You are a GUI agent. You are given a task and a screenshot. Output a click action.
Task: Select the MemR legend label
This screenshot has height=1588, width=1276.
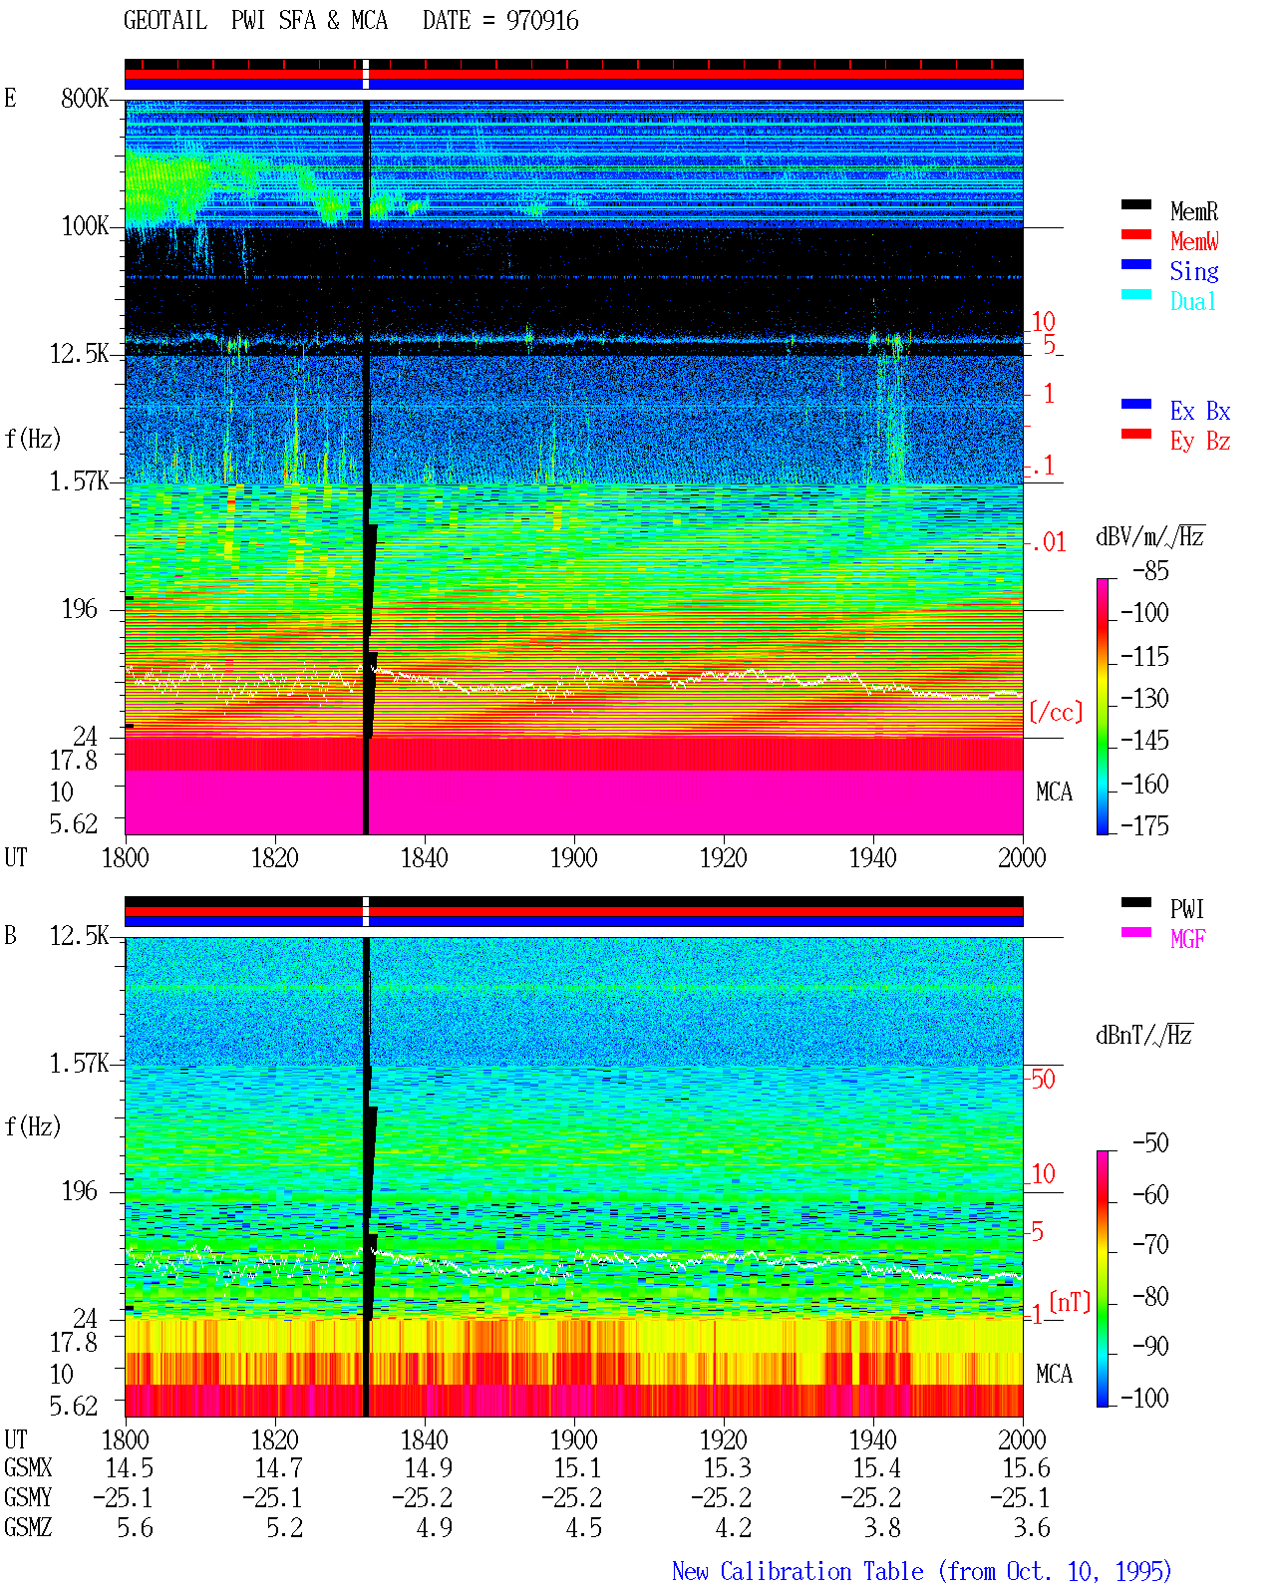coord(1194,211)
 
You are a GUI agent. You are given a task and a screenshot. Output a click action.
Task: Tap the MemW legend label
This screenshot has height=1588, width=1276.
coord(1194,241)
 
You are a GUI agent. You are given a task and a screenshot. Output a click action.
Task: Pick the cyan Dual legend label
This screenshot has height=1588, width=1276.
coord(1192,301)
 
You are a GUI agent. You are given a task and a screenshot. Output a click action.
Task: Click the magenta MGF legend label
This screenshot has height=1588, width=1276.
coord(1187,939)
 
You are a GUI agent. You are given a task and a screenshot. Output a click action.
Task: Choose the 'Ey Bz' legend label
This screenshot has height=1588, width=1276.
coord(1200,442)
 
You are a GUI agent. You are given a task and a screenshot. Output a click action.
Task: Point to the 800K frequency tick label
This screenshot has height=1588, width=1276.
coord(84,98)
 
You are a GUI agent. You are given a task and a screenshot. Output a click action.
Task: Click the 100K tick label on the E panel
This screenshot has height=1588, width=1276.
coord(84,226)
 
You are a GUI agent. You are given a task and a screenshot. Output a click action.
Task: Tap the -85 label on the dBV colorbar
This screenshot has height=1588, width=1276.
coord(1150,570)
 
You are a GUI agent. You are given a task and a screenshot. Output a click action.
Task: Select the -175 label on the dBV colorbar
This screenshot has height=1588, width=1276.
coord(1144,825)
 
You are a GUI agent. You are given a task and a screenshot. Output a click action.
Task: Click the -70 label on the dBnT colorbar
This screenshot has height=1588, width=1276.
coord(1150,1245)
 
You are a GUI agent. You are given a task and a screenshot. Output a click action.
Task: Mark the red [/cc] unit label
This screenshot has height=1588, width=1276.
coord(1056,712)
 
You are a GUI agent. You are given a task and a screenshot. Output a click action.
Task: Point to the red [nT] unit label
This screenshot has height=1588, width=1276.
coord(1070,1301)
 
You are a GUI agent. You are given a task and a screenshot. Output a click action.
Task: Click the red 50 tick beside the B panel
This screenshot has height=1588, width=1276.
coord(1042,1080)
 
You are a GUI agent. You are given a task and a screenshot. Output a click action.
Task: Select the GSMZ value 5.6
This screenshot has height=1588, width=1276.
coord(135,1527)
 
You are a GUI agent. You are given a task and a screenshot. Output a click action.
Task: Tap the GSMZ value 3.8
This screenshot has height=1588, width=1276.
coord(882,1527)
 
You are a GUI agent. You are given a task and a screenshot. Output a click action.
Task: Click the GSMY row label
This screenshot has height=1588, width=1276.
coord(28,1498)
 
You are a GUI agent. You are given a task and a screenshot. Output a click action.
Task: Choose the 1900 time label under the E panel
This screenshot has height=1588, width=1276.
coord(573,857)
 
